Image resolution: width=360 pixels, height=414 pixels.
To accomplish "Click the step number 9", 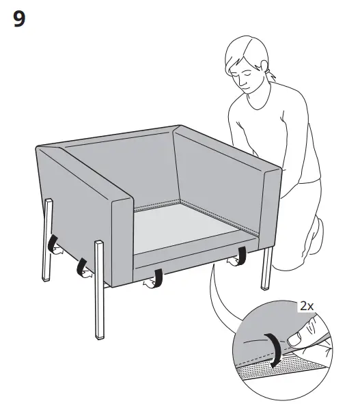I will point(20,19).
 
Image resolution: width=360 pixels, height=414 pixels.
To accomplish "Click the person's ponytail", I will point(273,77).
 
